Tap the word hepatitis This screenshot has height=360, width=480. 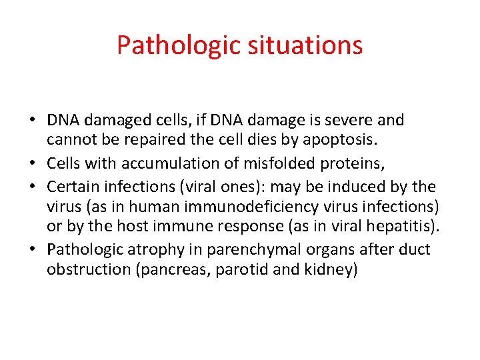tap(405, 227)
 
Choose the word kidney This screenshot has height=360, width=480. tap(333, 271)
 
